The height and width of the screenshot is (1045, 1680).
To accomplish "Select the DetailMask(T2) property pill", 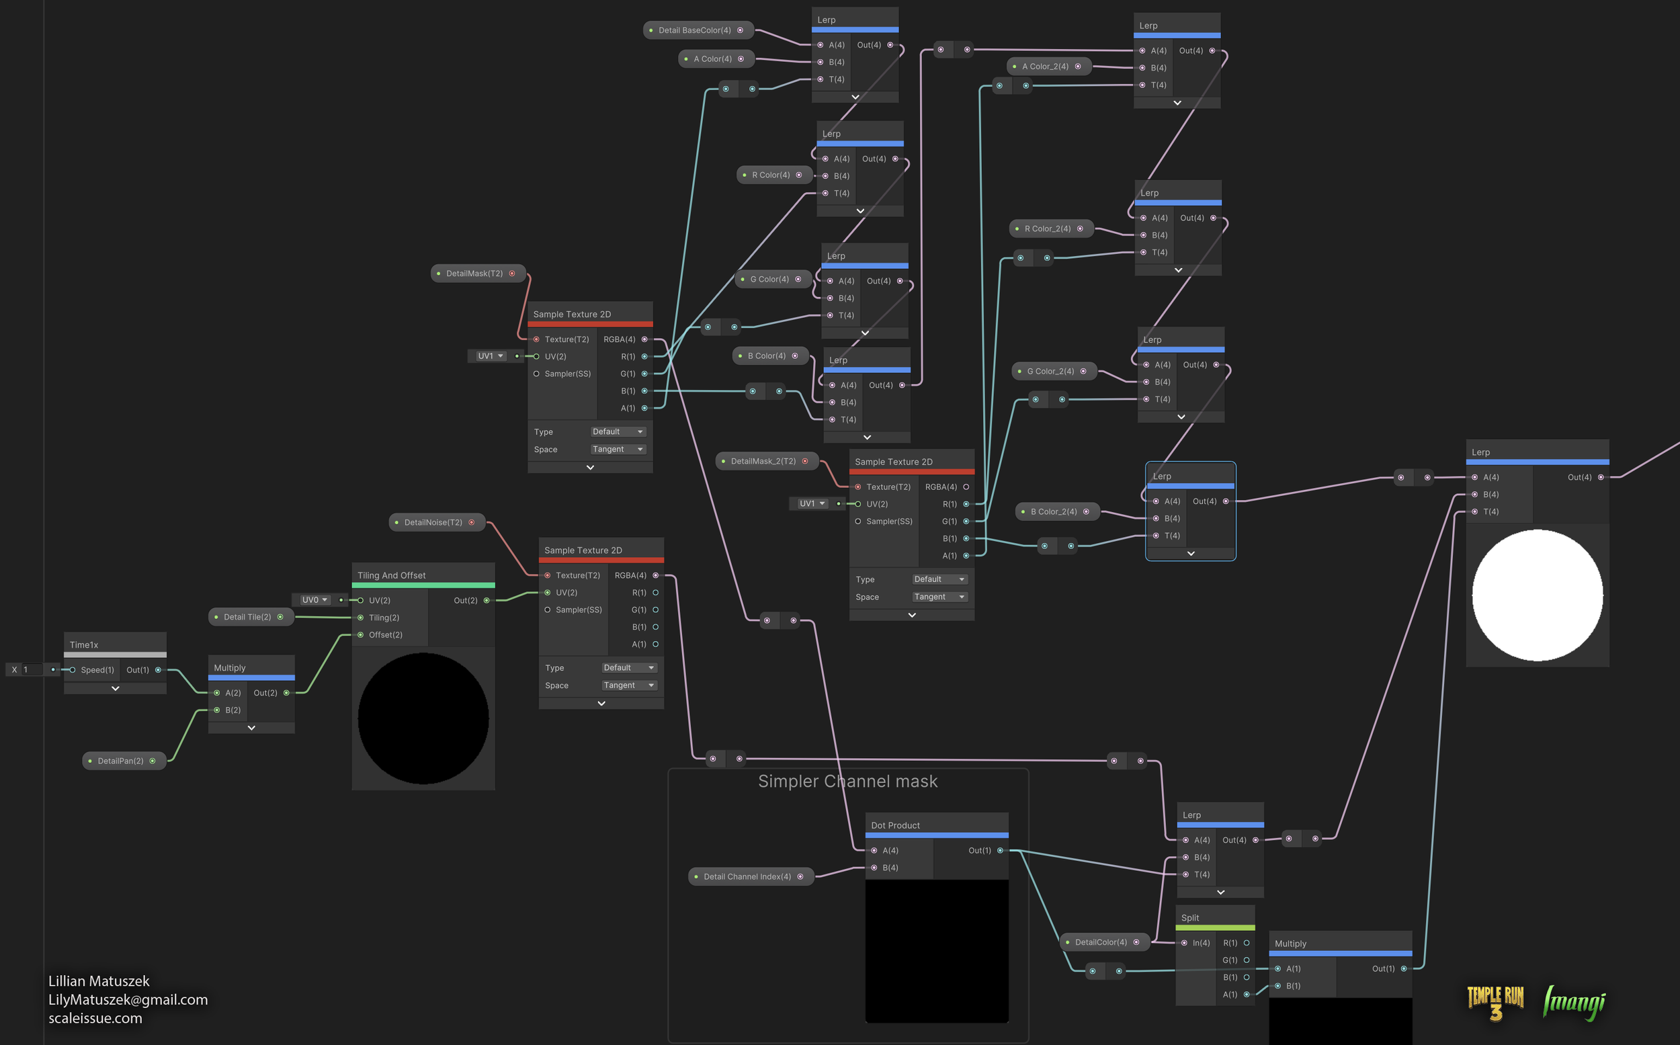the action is tap(474, 274).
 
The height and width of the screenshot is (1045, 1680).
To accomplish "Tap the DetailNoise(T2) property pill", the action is tap(433, 523).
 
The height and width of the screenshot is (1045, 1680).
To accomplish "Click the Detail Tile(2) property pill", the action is tap(247, 617).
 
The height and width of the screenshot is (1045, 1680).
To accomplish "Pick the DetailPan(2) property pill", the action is tap(120, 761).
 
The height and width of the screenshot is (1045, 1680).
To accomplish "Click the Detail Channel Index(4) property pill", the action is tap(747, 877).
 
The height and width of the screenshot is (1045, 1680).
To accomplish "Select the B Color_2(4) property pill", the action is tap(1053, 512).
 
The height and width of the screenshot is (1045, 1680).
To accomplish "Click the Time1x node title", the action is tap(84, 645).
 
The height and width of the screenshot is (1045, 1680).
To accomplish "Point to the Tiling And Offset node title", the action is tap(391, 575).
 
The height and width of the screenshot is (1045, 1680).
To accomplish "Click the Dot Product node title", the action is tap(895, 825).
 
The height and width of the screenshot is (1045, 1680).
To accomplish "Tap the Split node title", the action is tap(1189, 918).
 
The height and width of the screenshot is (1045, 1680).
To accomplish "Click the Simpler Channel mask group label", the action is tap(847, 782).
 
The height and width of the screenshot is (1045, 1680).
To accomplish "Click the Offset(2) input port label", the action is tap(385, 635).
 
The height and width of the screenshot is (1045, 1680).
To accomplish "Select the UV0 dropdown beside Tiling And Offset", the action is tap(314, 600).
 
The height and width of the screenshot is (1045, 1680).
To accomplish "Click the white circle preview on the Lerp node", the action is tap(1537, 595).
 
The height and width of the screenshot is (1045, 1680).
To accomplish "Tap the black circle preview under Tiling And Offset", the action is tap(423, 719).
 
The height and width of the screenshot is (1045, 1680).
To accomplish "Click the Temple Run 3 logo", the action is tap(1495, 1003).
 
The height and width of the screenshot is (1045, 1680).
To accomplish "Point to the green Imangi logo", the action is tap(1574, 1003).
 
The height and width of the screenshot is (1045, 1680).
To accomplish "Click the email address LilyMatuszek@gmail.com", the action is tap(128, 1000).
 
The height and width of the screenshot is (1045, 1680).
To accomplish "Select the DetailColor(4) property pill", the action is tap(1100, 943).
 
